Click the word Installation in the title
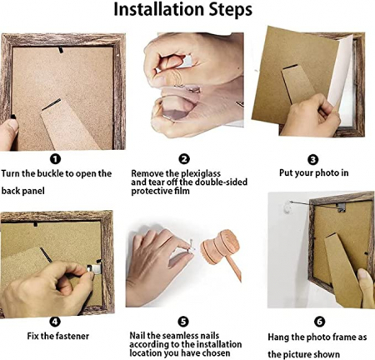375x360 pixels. pos(159,9)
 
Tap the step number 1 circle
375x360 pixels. pos(55,159)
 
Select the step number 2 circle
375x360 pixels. pos(184,159)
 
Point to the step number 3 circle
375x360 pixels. pos(313,160)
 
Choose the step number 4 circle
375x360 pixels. pos(55,322)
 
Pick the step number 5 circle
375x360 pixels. pos(183,322)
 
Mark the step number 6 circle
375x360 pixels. pos(319,322)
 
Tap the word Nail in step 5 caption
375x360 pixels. pos(137,336)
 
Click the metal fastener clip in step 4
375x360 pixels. pos(93,268)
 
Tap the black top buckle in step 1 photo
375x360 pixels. pos(61,50)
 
